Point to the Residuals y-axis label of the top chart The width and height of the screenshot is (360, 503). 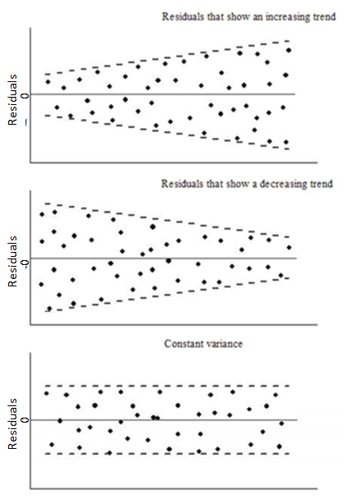12,100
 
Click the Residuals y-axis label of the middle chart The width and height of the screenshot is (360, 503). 12,262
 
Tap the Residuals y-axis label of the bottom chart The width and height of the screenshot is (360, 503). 12,423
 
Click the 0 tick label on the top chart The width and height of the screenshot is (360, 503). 25,95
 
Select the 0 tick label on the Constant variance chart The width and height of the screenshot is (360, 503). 25,420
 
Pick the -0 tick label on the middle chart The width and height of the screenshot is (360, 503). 25,262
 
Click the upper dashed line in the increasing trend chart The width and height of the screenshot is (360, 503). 167,57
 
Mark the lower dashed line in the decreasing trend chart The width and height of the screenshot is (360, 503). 167,295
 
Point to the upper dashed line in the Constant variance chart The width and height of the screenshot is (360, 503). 167,386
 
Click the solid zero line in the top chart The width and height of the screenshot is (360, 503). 163,94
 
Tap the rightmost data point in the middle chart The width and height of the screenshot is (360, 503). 289,248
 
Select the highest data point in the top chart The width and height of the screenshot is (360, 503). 289,50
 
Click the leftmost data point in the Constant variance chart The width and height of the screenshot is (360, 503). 47,393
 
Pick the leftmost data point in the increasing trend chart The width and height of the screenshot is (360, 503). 48,82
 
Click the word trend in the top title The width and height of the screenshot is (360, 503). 324,17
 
